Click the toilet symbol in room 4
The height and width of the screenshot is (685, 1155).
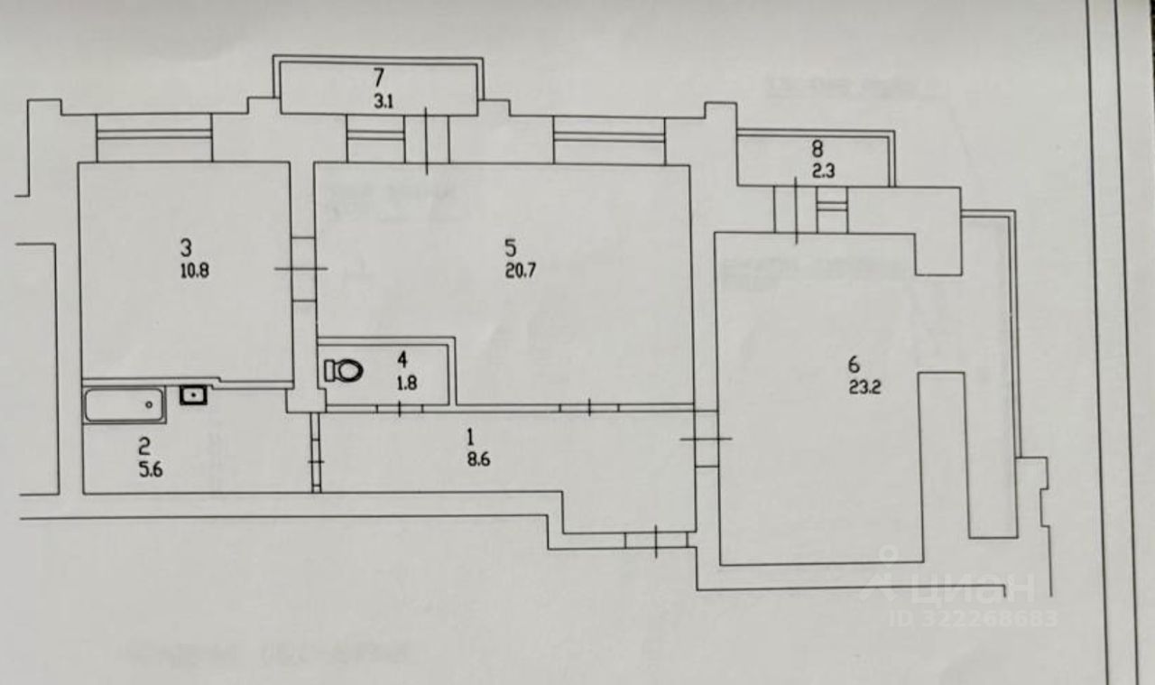pyautogui.click(x=343, y=370)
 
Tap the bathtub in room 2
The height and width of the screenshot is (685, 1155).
pyautogui.click(x=125, y=404)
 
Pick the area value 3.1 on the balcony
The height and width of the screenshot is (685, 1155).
pyautogui.click(x=383, y=101)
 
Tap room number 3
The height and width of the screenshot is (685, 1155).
pyautogui.click(x=186, y=245)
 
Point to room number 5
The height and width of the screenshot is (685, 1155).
pyautogui.click(x=511, y=245)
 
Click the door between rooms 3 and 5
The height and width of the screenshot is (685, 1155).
pyautogui.click(x=302, y=269)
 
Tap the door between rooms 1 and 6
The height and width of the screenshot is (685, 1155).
pyautogui.click(x=706, y=440)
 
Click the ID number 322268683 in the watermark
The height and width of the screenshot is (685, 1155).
pyautogui.click(x=974, y=619)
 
